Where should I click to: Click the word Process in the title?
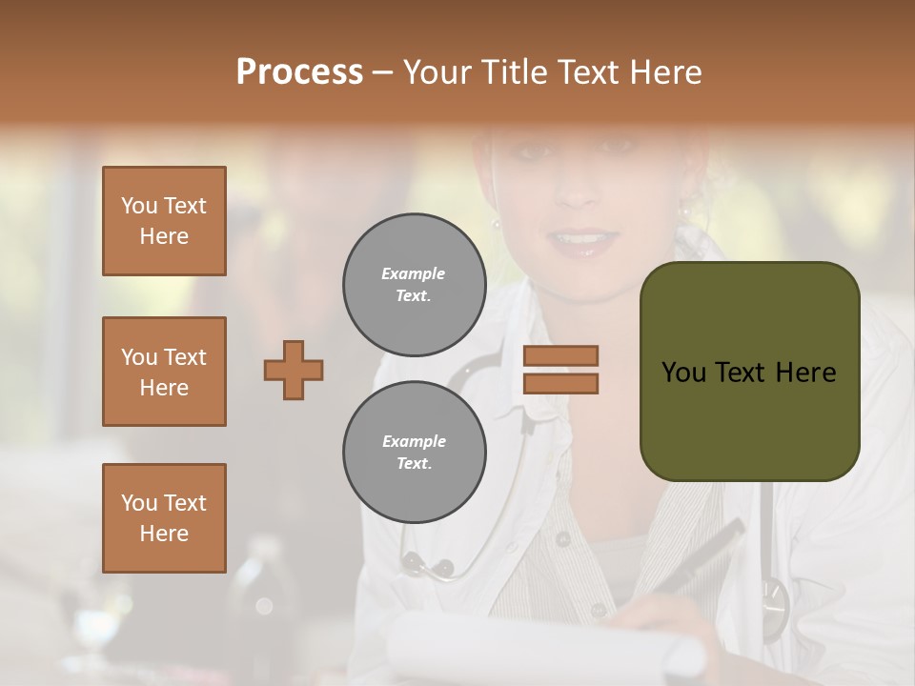(299, 71)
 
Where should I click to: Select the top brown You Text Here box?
(164, 221)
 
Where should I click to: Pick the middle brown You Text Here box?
(164, 372)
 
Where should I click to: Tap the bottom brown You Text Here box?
(164, 517)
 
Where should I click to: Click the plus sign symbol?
(294, 370)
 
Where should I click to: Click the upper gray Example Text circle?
(414, 285)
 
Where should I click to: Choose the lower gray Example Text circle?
(414, 452)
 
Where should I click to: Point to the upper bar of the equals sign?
(560, 355)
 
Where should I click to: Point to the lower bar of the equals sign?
(560, 383)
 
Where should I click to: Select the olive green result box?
(749, 371)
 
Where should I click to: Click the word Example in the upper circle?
(414, 273)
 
